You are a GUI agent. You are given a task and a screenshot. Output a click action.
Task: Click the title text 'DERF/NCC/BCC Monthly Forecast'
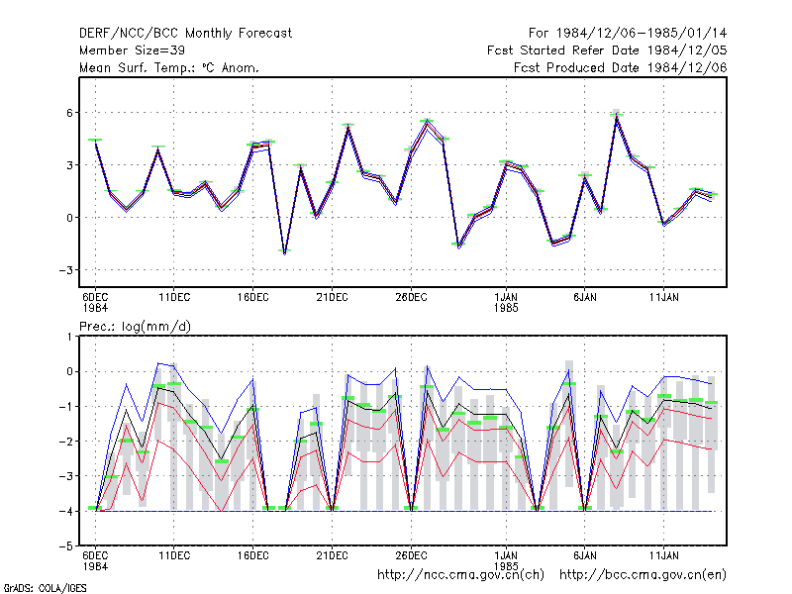click(x=185, y=34)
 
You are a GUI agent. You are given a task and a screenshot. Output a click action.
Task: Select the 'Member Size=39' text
click(x=132, y=50)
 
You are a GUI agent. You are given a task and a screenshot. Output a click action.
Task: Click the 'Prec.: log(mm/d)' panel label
click(x=135, y=327)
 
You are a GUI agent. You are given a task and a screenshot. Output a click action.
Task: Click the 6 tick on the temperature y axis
click(x=69, y=113)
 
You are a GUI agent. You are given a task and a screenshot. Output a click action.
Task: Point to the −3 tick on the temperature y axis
click(x=66, y=270)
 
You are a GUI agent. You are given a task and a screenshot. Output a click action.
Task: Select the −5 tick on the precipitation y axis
click(x=66, y=546)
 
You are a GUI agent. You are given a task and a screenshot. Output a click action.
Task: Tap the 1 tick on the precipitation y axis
click(x=69, y=337)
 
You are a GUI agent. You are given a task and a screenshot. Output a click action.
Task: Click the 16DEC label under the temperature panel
click(x=253, y=298)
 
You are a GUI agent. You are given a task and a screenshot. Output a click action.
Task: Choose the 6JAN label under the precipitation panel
click(x=585, y=555)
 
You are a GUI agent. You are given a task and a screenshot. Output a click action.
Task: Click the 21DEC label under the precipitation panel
click(x=332, y=555)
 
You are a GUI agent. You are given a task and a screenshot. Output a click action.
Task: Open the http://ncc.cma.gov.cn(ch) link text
click(x=460, y=575)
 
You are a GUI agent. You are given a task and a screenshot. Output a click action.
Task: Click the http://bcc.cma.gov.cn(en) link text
click(x=643, y=575)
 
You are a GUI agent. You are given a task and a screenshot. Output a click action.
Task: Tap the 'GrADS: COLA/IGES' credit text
click(x=45, y=588)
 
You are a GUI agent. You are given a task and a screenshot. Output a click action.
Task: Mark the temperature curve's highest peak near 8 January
click(x=616, y=117)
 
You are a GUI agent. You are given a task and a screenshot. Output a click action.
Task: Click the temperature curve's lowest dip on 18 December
click(x=285, y=252)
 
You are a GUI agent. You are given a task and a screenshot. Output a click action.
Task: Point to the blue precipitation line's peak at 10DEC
click(x=158, y=363)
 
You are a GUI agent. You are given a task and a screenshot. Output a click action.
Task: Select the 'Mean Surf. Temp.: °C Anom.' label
click(x=169, y=67)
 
